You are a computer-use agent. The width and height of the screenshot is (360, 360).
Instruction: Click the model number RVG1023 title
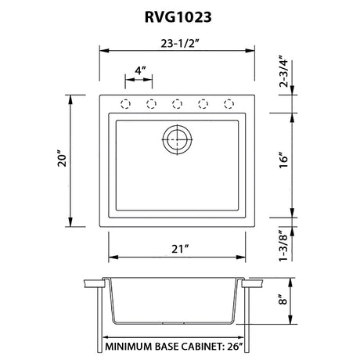(x=178, y=17)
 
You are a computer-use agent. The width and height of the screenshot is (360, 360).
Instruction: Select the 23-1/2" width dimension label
(x=178, y=44)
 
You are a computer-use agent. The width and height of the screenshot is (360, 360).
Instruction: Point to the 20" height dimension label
(x=63, y=159)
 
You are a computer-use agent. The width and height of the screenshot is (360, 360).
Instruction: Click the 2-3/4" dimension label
(x=283, y=71)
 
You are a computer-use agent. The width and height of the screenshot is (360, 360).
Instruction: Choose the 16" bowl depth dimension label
(x=284, y=160)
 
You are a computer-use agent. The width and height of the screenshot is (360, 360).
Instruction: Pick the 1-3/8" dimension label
(x=283, y=245)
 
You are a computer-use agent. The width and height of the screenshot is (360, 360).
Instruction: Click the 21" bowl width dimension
(x=180, y=249)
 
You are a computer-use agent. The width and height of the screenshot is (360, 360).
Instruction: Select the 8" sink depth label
(x=283, y=299)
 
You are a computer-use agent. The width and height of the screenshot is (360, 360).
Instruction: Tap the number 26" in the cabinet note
(x=235, y=347)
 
